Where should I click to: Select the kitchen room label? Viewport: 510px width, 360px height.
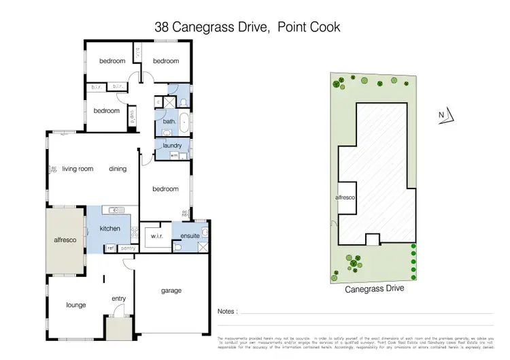tap(110, 229)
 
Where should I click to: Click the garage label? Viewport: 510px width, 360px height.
tap(171, 291)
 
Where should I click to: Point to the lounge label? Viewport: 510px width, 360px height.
tap(75, 305)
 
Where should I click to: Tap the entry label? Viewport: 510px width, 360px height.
tap(119, 298)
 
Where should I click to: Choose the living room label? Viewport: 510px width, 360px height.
tap(77, 169)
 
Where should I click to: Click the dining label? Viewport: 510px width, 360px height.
tap(118, 169)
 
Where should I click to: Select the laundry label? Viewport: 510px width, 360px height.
tap(167, 145)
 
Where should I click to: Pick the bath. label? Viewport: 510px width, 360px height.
tap(169, 122)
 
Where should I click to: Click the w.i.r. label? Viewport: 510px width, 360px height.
tap(154, 236)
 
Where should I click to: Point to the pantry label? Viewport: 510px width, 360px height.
tap(127, 248)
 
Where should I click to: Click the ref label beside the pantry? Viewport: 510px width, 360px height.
tap(111, 248)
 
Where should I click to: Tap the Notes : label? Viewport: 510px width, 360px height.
tap(227, 312)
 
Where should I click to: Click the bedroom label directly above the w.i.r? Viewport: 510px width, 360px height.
tap(165, 189)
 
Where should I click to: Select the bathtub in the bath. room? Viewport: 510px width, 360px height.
tap(184, 122)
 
